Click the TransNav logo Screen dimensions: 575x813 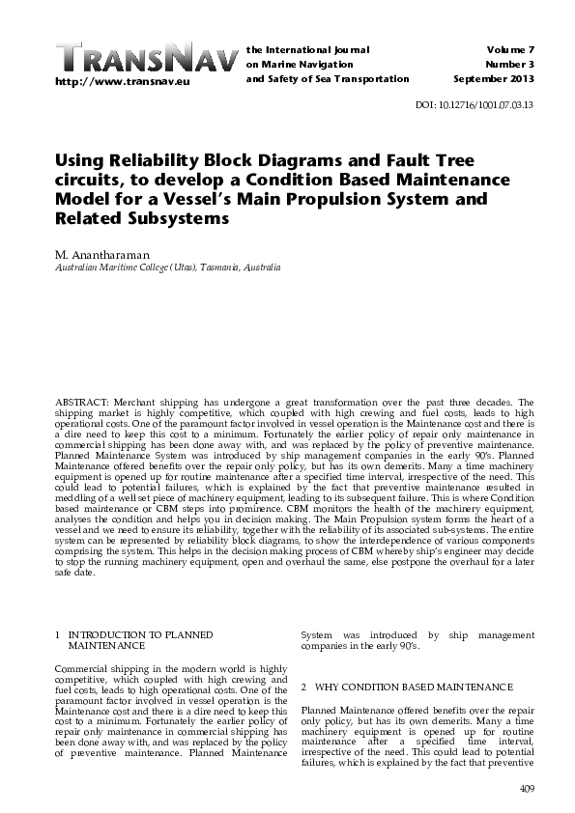click(x=145, y=57)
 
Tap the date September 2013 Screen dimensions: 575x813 click(x=494, y=79)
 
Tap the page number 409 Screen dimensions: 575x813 click(x=527, y=791)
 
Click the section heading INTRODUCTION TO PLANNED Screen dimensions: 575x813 click(x=140, y=634)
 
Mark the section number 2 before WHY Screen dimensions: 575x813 click(x=304, y=687)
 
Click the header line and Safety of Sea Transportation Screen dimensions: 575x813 click(x=328, y=79)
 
